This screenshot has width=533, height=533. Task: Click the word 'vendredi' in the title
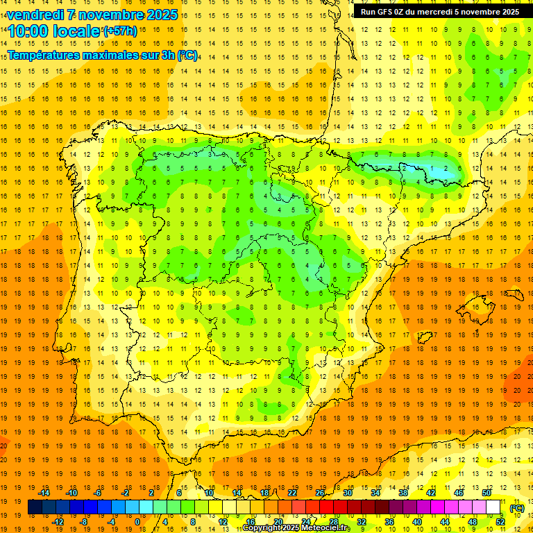(x=35, y=15)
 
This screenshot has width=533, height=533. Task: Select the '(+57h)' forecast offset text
(x=120, y=31)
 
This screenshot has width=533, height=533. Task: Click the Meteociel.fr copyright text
(x=296, y=528)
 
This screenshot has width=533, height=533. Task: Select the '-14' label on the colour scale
(x=44, y=492)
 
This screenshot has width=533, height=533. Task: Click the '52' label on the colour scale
(x=500, y=521)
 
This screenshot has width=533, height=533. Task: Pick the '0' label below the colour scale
(x=137, y=521)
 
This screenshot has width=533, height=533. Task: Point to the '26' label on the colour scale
(x=320, y=492)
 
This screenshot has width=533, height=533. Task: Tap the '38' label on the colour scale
(x=403, y=492)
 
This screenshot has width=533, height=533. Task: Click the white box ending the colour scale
(x=493, y=507)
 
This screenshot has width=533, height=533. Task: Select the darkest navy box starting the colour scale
(x=35, y=507)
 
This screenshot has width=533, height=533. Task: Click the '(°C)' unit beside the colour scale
(x=517, y=507)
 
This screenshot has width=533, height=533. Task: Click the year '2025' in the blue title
(x=158, y=15)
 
